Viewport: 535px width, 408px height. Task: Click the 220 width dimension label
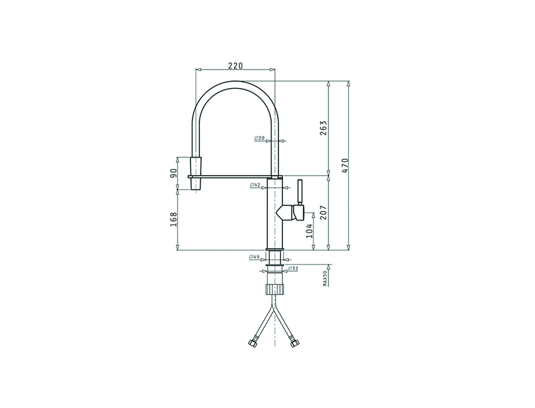[x=236, y=66]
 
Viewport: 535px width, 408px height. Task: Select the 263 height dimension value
[x=323, y=128]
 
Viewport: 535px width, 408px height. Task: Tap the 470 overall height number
[x=345, y=166]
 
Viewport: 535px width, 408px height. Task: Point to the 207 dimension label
[x=323, y=212]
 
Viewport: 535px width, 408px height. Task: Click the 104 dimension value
[x=309, y=231]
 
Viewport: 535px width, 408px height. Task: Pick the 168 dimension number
[x=173, y=219]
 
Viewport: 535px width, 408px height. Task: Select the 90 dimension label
[x=173, y=173]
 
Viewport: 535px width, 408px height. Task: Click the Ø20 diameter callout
[x=259, y=138]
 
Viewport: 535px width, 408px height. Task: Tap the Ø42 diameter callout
[x=255, y=185]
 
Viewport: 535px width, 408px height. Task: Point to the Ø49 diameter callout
[x=254, y=256]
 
